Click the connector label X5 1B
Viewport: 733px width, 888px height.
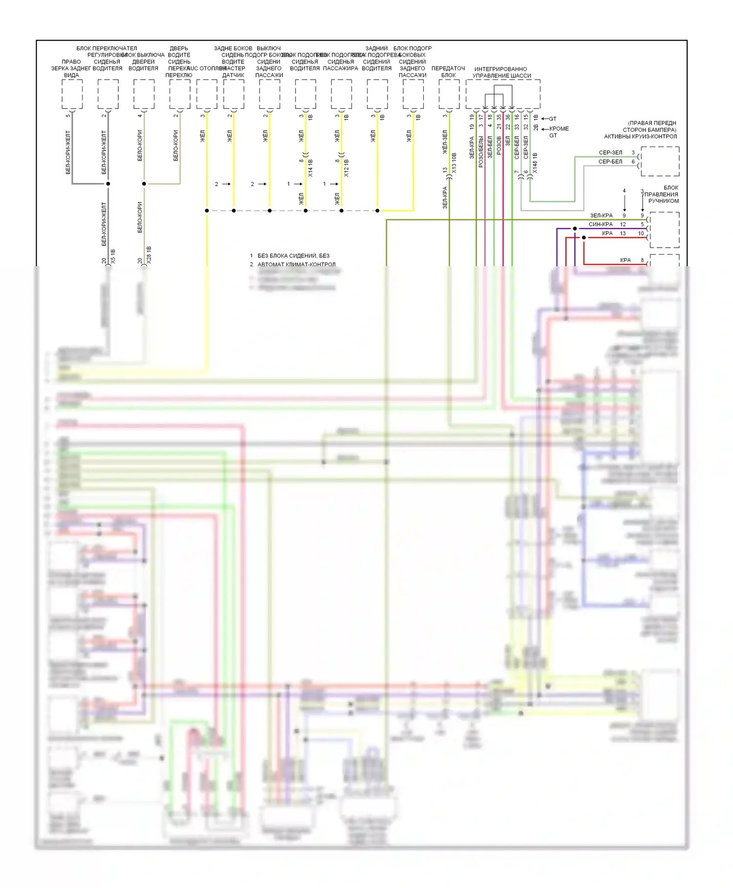113,256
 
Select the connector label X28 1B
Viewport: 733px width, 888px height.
149,255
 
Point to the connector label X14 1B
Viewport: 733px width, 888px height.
311,168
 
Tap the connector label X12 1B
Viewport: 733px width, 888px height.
346,168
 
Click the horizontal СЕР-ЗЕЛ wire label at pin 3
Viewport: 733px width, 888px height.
610,153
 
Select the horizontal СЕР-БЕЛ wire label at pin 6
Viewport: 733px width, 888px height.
610,162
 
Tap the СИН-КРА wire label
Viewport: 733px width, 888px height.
601,224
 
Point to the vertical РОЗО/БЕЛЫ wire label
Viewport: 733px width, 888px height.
481,152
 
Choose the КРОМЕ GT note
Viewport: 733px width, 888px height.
559,132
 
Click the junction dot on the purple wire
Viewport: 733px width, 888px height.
575,228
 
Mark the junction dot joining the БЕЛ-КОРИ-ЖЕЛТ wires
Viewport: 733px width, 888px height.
108,184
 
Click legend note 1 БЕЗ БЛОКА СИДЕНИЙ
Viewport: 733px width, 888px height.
290,255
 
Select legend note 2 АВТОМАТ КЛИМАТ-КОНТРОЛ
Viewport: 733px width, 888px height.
293,264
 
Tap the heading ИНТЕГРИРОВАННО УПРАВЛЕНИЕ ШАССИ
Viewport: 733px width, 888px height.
501,72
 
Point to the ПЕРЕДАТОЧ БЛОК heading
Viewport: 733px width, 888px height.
448,72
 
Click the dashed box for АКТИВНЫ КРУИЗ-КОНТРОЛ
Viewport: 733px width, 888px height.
660,161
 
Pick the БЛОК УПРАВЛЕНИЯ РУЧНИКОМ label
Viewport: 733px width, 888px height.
663,194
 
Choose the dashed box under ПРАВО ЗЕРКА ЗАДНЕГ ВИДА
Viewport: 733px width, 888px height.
72,94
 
